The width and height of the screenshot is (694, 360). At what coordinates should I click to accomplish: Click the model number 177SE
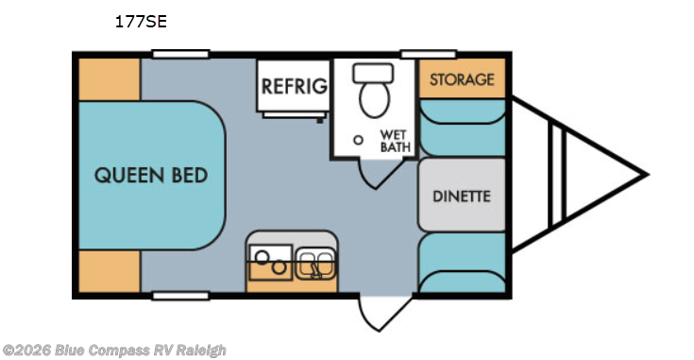(x=141, y=21)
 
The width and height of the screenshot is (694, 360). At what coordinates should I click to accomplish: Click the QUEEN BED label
(x=151, y=176)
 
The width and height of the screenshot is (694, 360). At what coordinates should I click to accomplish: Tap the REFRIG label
(x=295, y=87)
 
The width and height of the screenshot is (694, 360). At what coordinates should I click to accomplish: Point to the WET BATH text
(x=393, y=140)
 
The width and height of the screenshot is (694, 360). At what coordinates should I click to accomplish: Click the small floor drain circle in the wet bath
(x=358, y=139)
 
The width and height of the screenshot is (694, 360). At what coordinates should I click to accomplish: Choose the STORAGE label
(x=462, y=79)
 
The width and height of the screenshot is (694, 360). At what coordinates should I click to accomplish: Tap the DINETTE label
(x=462, y=197)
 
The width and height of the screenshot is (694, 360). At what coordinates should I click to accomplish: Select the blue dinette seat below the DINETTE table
(x=462, y=265)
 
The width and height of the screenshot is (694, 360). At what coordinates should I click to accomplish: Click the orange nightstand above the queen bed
(x=108, y=77)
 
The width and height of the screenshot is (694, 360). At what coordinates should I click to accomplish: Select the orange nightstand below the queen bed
(x=108, y=272)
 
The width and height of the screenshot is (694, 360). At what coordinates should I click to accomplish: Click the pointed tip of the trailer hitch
(x=645, y=175)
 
